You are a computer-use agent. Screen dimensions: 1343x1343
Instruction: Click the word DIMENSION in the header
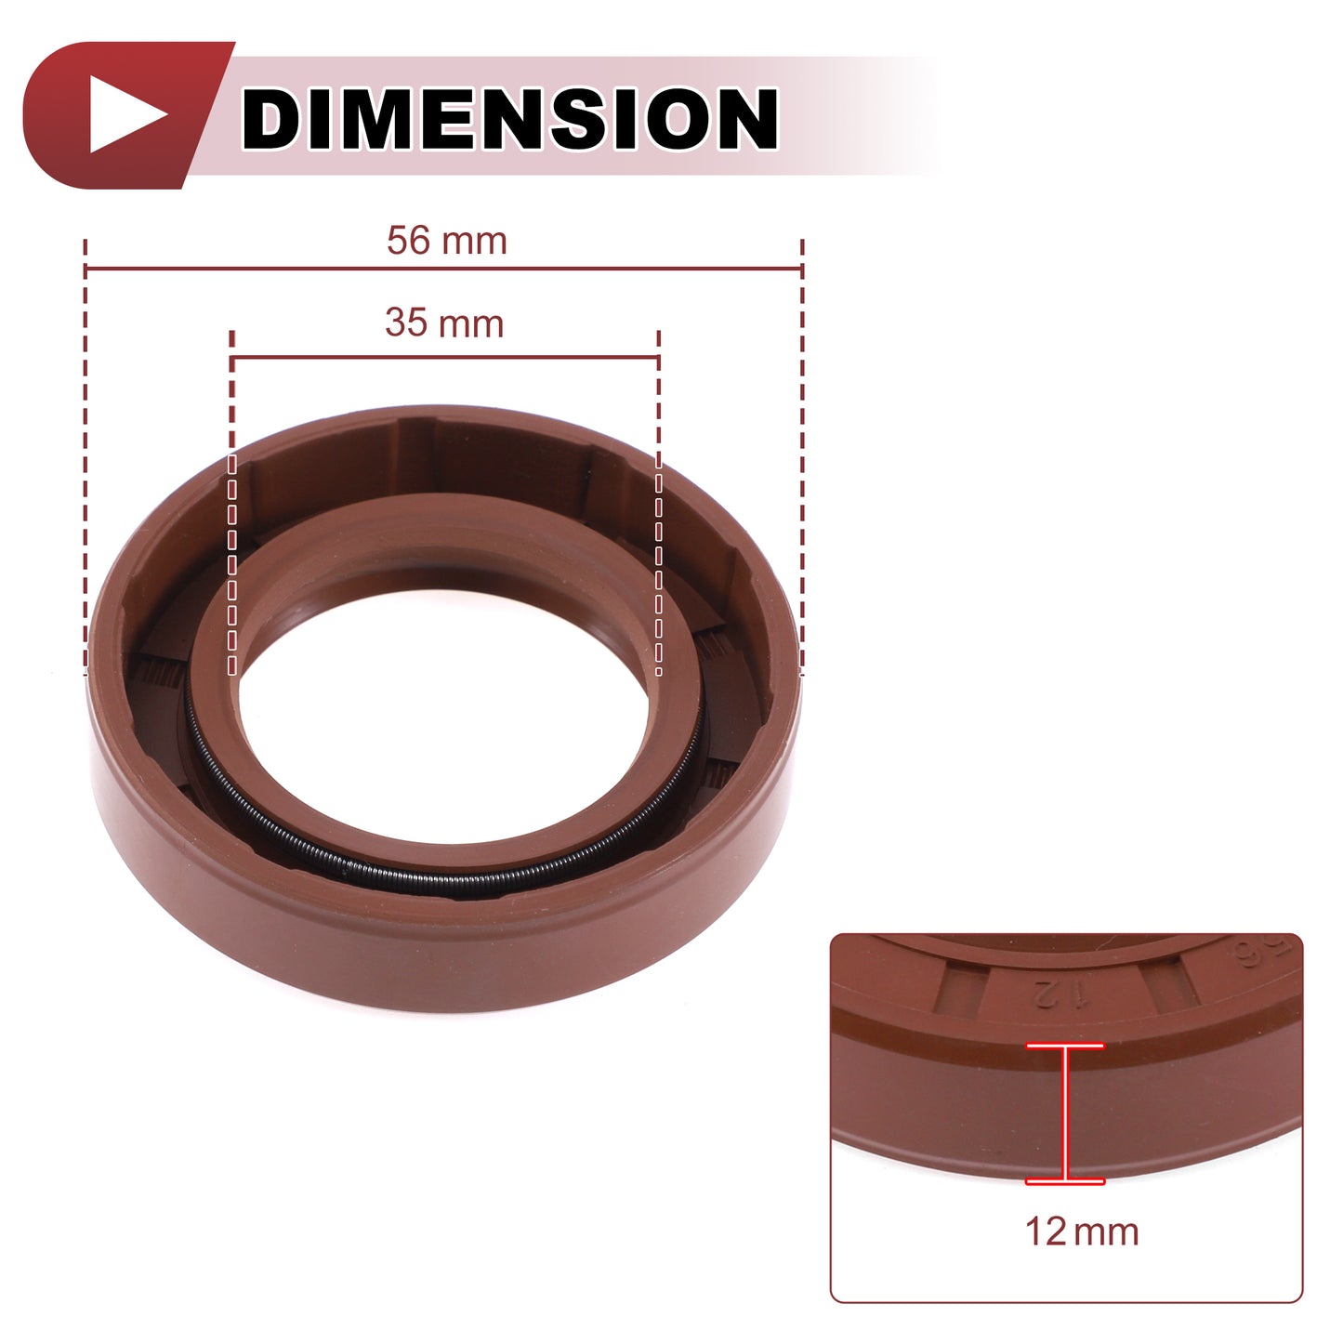pos(509,118)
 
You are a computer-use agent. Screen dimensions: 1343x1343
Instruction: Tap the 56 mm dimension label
pos(447,241)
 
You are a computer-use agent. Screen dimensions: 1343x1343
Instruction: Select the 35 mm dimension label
pos(444,323)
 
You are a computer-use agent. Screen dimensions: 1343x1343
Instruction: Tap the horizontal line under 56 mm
pos(444,269)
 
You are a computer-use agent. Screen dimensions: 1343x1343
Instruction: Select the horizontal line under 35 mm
pos(445,358)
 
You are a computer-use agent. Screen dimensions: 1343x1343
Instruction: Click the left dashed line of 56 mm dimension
pos(85,457)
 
